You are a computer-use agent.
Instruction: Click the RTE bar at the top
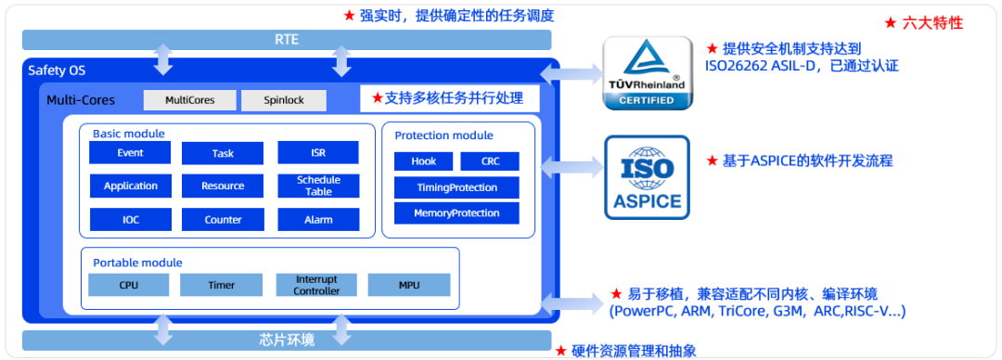coord(287,40)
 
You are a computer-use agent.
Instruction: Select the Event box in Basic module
coord(131,153)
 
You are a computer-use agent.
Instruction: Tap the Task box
coord(223,153)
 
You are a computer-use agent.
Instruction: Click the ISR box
coord(318,153)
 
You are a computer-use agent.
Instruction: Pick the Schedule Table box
coord(318,186)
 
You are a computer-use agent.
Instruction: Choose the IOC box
coord(131,219)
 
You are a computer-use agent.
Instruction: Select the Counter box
coord(223,219)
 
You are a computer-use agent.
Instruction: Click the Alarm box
coord(318,219)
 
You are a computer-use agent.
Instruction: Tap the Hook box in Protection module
coord(424,161)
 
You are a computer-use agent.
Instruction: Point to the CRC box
coord(490,161)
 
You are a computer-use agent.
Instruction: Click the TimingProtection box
coord(456,187)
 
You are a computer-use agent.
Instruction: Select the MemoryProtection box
coord(456,212)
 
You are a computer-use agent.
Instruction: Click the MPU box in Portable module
coord(409,285)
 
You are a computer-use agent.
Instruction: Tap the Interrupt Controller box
coord(316,285)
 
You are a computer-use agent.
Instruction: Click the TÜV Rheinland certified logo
coord(648,73)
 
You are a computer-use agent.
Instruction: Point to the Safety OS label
coord(57,71)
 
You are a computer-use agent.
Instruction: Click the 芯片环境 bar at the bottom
coord(287,341)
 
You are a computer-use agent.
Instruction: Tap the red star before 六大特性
coord(890,23)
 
